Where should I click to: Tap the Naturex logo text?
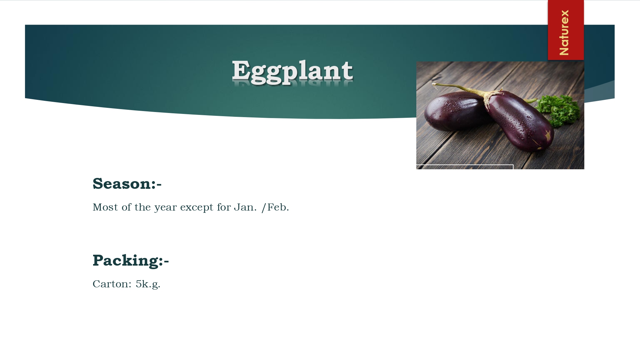pos(564,32)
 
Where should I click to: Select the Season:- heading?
pos(127,184)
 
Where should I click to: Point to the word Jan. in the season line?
pos(245,207)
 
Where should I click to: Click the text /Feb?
pos(275,207)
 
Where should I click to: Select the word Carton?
pos(112,284)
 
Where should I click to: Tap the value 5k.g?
pos(148,284)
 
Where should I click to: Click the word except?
pos(197,208)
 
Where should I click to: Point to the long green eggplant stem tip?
pos(433,84)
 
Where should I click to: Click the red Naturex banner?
pos(566,30)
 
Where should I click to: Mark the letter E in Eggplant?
pos(241,70)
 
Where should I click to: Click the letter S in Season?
pos(98,184)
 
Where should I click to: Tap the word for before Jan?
pos(224,207)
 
